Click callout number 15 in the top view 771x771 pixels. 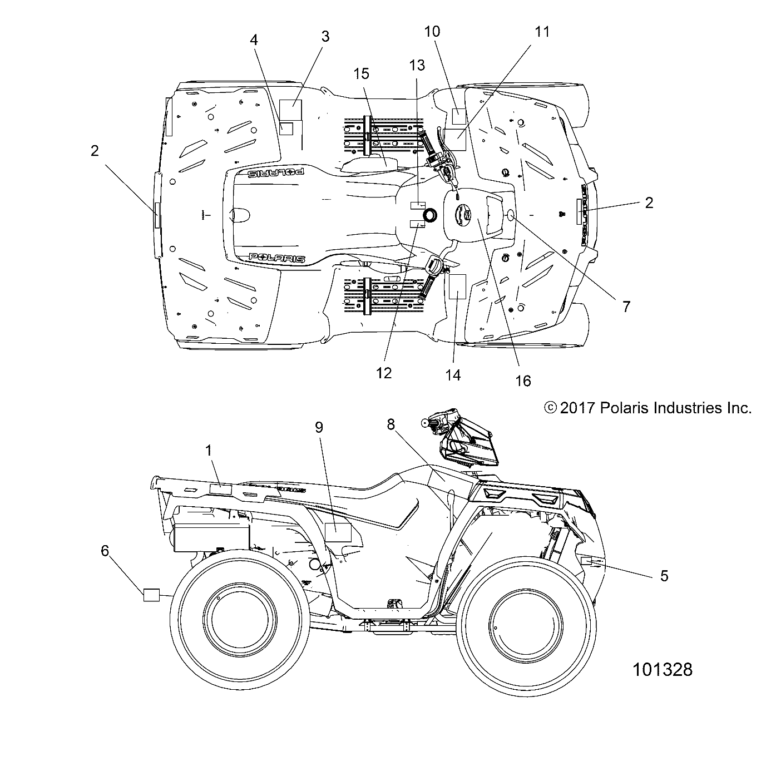pos(361,73)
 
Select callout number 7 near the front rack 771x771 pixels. pos(626,307)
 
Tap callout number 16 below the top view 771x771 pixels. pos(523,380)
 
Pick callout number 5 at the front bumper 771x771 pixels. pos(664,576)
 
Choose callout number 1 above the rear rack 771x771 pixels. pos(209,451)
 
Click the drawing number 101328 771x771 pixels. pos(663,669)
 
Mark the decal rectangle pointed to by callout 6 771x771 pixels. pos(151,595)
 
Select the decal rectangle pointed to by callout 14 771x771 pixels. pos(457,286)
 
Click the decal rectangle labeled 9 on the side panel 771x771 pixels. pos(338,532)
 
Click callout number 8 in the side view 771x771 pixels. pos(407,424)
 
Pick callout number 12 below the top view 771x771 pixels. pos(383,373)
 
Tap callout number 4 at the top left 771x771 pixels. pos(254,40)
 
